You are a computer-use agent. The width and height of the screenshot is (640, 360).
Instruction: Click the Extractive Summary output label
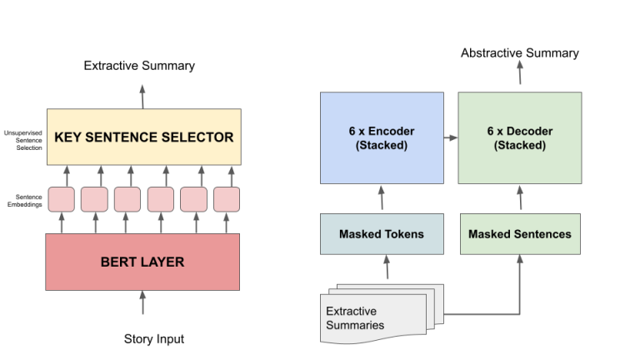coord(139,65)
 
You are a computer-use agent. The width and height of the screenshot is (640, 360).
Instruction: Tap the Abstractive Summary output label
coord(519,53)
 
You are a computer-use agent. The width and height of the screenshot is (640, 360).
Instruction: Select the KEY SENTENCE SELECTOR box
coord(143,137)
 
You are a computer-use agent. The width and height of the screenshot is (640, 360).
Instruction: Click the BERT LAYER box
coord(143,262)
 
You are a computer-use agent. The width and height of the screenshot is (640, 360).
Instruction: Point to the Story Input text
coord(153,339)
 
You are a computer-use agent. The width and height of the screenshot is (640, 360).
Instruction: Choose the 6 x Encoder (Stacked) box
coord(381,138)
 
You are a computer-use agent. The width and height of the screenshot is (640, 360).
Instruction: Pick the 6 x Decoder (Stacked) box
coord(519,138)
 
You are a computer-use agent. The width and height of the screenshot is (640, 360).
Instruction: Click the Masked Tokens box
coord(381,234)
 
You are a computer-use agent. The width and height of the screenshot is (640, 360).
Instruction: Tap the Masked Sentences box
coord(519,234)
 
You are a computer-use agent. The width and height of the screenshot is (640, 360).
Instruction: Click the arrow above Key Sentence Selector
coord(142,96)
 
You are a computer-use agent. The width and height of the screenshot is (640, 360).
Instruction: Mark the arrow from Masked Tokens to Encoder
coord(382,198)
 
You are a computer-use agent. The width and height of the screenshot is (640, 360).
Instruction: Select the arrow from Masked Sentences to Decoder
coord(520,198)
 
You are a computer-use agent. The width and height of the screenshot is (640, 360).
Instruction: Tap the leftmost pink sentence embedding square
coord(61,199)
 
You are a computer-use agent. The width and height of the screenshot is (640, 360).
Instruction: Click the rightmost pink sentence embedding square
coord(227,199)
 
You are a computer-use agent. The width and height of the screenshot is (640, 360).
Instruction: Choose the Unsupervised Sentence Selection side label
coord(22,139)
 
